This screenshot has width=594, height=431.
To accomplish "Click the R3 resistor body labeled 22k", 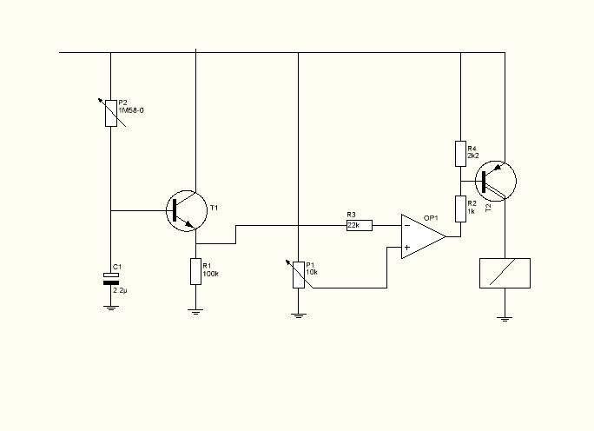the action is (360, 226).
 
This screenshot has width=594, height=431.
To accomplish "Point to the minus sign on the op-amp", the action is (407, 226).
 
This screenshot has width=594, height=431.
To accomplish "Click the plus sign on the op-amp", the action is (407, 248).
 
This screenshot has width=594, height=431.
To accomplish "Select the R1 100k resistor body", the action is (196, 271).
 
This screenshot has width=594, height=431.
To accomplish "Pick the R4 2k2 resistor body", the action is (460, 154).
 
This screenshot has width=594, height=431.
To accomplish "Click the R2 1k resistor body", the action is (460, 209).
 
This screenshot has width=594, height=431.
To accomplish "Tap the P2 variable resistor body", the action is (111, 113).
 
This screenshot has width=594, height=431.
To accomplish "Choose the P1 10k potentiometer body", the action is (299, 275).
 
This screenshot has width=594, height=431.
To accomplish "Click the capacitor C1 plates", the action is (111, 279).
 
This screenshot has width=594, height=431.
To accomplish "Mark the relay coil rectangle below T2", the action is (505, 274).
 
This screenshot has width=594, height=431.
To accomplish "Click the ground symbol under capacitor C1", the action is (111, 308).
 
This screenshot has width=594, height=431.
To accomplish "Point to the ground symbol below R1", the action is (195, 312).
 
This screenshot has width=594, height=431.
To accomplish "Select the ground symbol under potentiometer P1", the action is (299, 315).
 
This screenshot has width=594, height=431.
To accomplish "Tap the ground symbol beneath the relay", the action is (505, 319).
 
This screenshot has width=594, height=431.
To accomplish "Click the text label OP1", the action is (431, 218).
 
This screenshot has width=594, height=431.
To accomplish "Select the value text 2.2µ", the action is (120, 291).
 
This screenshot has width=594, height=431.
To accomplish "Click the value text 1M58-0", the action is (131, 110).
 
